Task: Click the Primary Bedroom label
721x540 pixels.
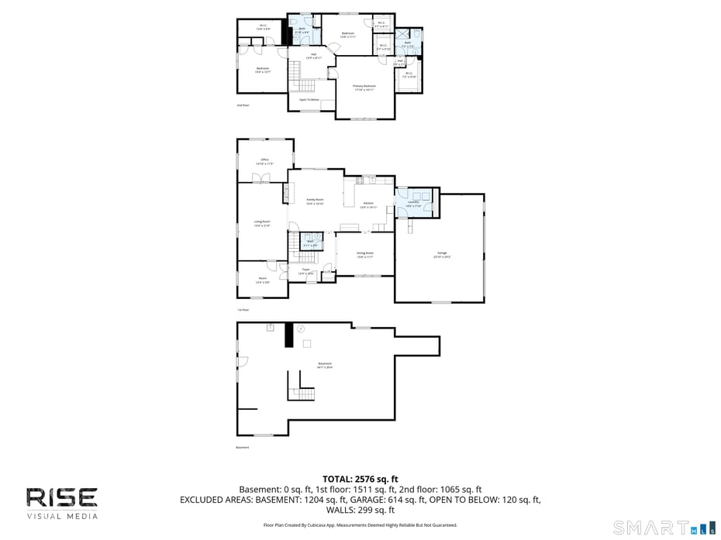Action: (364, 87)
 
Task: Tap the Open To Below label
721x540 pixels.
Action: (309, 100)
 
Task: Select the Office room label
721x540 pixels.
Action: (264, 161)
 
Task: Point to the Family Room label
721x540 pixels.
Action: (315, 201)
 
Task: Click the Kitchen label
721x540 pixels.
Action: (369, 205)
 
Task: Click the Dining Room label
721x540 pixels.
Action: (365, 254)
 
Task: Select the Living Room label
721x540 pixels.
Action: (262, 223)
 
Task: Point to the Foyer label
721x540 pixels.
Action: (306, 270)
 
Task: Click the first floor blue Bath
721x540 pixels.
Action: (311, 241)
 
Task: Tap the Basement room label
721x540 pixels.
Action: (325, 365)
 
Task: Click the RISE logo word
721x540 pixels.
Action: (62, 497)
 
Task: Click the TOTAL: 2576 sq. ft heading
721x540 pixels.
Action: (360, 479)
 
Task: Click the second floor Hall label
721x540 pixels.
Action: (313, 55)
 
